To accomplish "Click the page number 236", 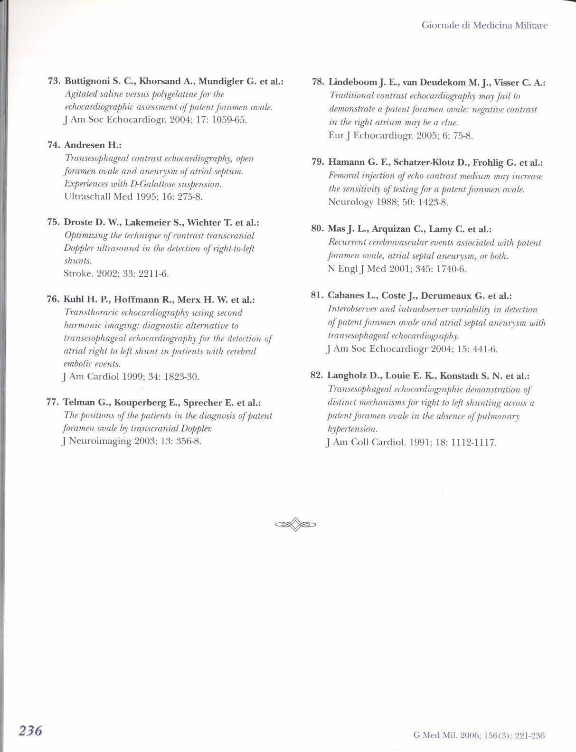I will click(31, 730).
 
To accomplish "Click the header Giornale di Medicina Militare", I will click(484, 25).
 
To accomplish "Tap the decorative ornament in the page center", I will click(295, 524).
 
